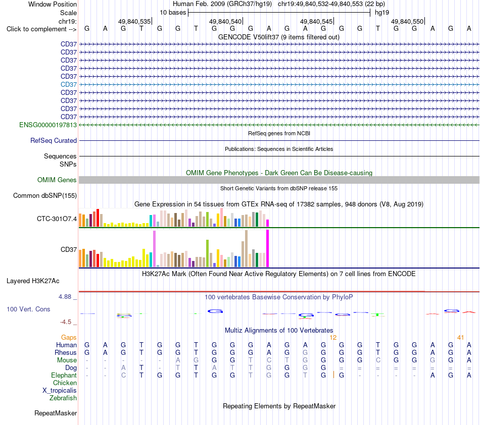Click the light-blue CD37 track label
click(69, 84)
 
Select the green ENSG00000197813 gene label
click(48, 125)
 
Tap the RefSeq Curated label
click(54, 141)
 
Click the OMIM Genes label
click(57, 180)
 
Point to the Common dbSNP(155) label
click(45, 196)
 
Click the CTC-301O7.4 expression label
click(57, 219)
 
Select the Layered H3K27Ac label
click(33, 281)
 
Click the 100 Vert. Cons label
click(28, 309)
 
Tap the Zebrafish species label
click(63, 398)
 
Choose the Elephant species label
click(64, 375)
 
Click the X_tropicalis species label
click(60, 391)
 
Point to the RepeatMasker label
click(56, 413)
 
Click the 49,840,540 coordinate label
click(225, 21)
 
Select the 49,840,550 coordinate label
click(407, 21)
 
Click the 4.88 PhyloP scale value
click(65, 297)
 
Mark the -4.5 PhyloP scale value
click(66, 322)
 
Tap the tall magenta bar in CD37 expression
click(268, 248)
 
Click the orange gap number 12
click(333, 338)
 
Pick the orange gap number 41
click(460, 338)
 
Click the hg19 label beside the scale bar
click(382, 13)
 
